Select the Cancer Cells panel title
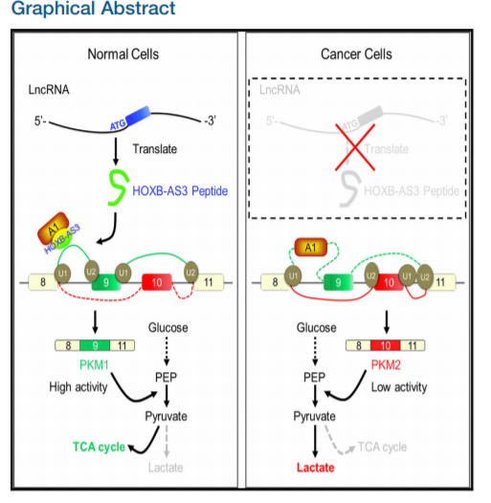[x=357, y=54]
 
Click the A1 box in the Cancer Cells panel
[x=310, y=247]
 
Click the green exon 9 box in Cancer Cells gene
[x=334, y=282]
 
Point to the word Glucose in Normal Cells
[x=168, y=328]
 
